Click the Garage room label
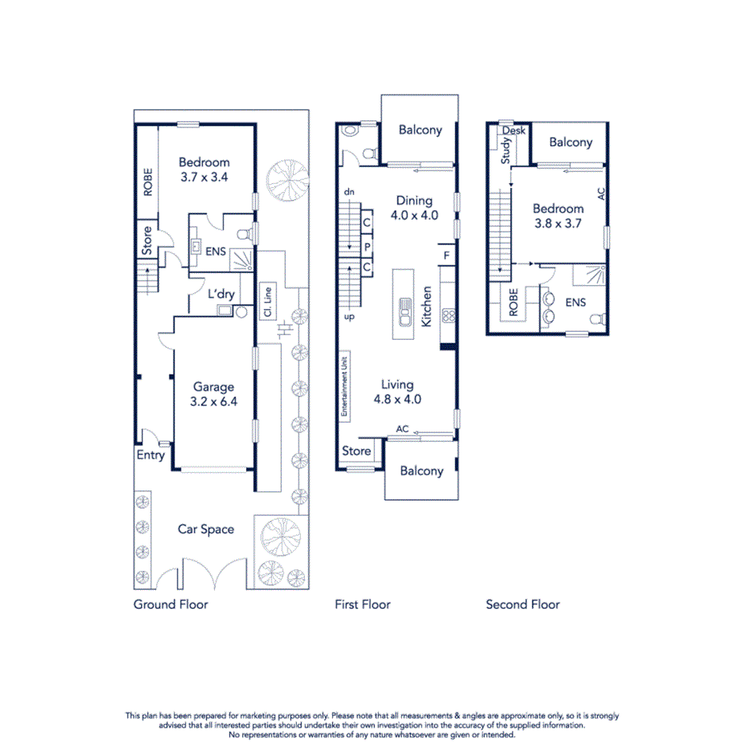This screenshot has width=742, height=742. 213,388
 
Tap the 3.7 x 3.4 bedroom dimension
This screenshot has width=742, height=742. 204,178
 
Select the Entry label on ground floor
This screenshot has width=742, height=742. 150,455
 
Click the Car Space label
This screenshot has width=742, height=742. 205,529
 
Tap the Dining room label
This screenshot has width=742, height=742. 414,201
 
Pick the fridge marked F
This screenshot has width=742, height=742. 447,255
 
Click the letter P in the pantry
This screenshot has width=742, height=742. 367,246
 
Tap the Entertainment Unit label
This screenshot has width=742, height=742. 345,387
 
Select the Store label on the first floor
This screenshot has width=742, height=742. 356,451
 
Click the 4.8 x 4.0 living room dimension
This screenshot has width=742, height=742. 396,400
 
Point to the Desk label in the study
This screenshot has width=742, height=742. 514,131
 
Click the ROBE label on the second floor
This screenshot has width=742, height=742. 513,303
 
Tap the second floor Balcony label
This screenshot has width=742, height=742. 570,143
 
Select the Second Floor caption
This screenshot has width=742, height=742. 522,604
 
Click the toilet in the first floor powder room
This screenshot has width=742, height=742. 368,152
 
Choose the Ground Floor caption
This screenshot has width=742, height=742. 170,604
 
